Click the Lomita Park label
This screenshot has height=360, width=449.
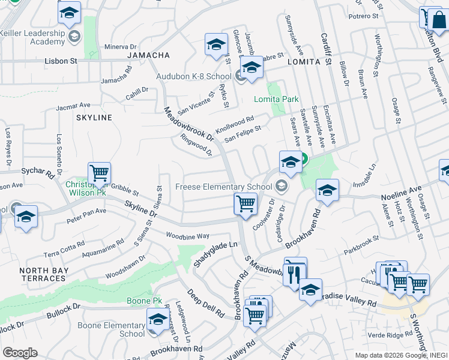276,99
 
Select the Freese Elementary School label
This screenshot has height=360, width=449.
224,187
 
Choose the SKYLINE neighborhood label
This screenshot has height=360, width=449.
94,118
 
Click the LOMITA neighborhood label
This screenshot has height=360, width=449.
301,62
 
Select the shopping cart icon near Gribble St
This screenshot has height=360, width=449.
99,174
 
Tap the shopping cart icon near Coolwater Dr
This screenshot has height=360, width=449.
246,203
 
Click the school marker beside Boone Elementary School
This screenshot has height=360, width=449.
158,319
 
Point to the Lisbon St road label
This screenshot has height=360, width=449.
61,61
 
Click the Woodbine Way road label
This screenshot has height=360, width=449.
187,236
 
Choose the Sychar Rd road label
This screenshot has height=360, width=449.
37,171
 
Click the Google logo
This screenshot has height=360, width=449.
20,353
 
